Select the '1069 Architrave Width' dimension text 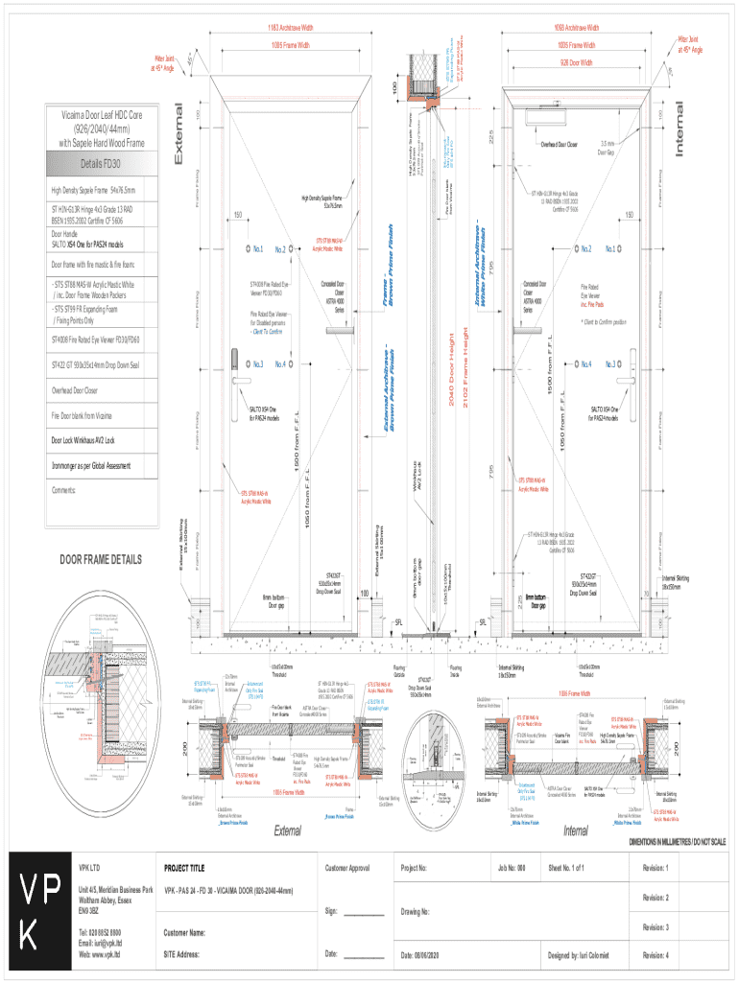(576, 28)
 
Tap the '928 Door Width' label (577, 63)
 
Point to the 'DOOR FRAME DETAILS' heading (101, 559)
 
